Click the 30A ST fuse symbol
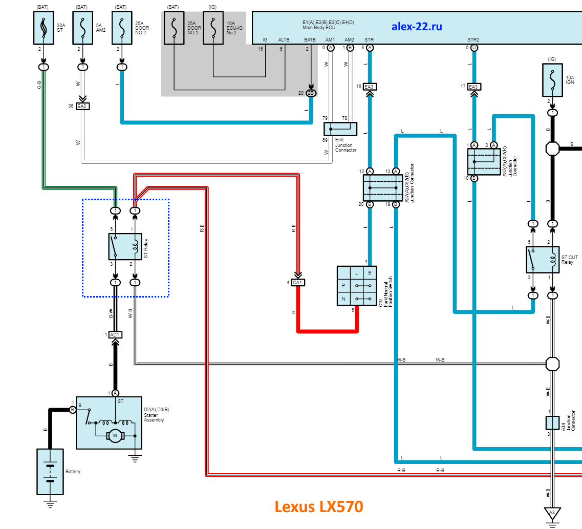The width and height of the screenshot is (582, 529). click(44, 28)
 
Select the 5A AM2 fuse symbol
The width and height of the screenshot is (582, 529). click(82, 28)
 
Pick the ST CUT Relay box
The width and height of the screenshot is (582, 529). click(542, 260)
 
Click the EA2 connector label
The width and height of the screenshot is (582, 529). click(82, 106)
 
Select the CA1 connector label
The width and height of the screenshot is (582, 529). click(298, 282)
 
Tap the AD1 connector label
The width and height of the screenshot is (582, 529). click(115, 334)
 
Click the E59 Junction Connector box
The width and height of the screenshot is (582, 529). click(340, 129)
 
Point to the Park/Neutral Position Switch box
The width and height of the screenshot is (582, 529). click(356, 286)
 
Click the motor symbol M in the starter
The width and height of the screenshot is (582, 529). click(115, 436)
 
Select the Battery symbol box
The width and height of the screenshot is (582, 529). click(50, 471)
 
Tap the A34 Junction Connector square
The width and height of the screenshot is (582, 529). click(552, 422)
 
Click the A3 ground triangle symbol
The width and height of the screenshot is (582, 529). click(552, 512)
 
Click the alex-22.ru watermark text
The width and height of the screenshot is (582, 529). click(417, 26)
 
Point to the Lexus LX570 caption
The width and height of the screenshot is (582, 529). click(319, 506)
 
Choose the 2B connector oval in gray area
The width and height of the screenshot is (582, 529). click(311, 93)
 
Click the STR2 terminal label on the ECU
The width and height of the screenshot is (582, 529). click(473, 39)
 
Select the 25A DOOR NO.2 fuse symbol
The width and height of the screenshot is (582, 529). click(121, 28)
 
